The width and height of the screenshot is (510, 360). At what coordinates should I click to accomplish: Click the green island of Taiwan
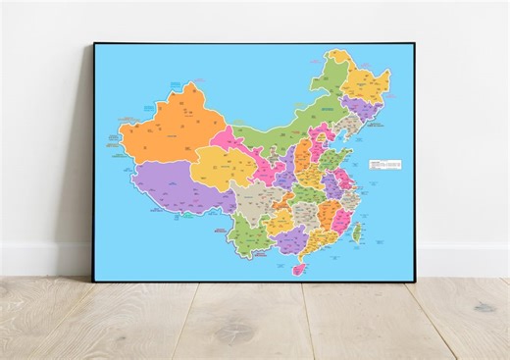(x=357, y=232)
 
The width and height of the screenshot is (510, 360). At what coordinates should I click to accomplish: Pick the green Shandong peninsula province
(x=332, y=156)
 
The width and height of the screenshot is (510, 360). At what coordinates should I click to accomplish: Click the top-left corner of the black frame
(x=95, y=44)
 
